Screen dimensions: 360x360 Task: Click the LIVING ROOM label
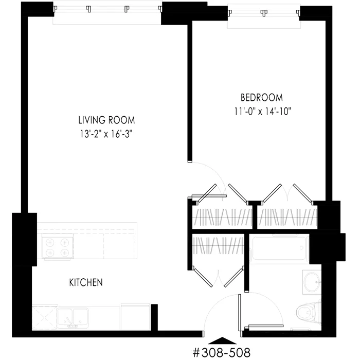pyautogui.click(x=106, y=121)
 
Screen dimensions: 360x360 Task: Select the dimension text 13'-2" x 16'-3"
pyautogui.click(x=106, y=134)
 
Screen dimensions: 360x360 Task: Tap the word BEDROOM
pyautogui.click(x=262, y=97)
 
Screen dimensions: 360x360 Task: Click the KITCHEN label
pyautogui.click(x=86, y=282)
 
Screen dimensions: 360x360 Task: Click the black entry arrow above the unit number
pyautogui.click(x=222, y=340)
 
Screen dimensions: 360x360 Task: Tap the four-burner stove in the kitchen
pyautogui.click(x=57, y=247)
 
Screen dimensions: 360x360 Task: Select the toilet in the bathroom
pyautogui.click(x=308, y=312)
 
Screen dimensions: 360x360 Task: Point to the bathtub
pyautogui.click(x=280, y=249)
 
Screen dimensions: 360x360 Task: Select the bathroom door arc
pyautogui.click(x=267, y=309)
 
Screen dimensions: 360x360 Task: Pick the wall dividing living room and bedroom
pyautogui.click(x=190, y=93)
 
